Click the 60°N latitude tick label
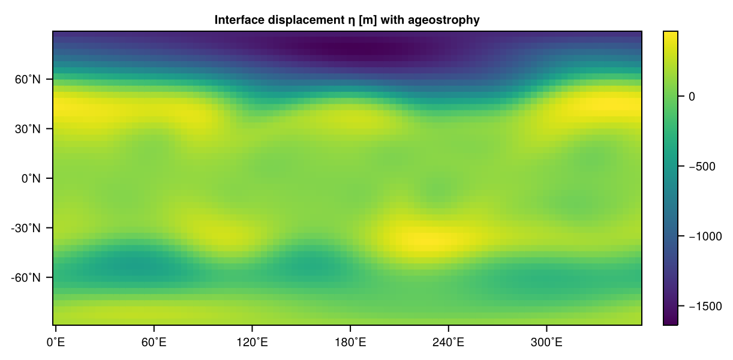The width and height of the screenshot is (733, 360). (x=29, y=79)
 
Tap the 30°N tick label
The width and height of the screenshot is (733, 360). (x=29, y=129)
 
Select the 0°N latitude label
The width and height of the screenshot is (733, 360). (x=32, y=178)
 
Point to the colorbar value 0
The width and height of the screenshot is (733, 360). (x=691, y=96)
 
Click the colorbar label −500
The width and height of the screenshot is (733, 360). (x=699, y=166)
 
